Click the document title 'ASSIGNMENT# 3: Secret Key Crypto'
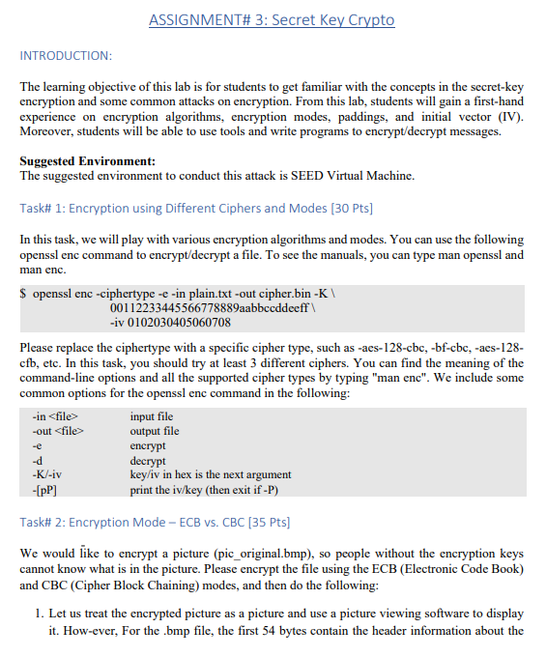click(x=273, y=20)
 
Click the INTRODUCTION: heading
click(x=66, y=56)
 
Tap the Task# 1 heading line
click(x=196, y=208)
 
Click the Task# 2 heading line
click(x=155, y=523)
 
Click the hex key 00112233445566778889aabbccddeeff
click(x=211, y=308)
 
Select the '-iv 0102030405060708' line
click(x=171, y=322)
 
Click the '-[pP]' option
click(x=43, y=489)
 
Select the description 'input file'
click(x=152, y=417)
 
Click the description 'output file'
click(x=155, y=432)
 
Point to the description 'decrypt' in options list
click(x=148, y=460)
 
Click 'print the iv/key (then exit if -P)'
click(x=211, y=489)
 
